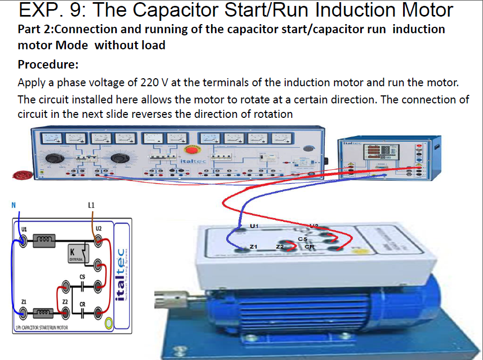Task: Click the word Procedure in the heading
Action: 48,65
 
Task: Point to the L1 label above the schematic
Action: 91,205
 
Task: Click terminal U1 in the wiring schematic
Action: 23,242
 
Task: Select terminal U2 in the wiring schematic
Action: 98,242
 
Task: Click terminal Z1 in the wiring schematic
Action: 23,312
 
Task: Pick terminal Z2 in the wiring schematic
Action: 65,312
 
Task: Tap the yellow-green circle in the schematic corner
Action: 108,322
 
